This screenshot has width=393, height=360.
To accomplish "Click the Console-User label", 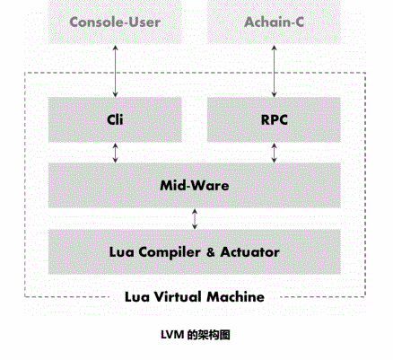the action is (x=115, y=22).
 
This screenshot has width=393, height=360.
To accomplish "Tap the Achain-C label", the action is (x=274, y=22).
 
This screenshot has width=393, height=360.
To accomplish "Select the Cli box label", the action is (x=115, y=119).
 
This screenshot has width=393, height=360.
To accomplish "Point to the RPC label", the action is (x=275, y=120).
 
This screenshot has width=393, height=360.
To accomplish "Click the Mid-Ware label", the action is (x=195, y=186).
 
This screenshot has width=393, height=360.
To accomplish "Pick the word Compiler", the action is (x=169, y=252).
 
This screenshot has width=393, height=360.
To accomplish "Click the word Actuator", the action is (x=249, y=252).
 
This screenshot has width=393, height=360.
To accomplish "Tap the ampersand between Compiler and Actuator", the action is (x=210, y=252).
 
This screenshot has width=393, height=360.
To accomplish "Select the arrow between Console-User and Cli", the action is (x=116, y=71).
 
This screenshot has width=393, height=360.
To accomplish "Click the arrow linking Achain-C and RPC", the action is (x=274, y=71).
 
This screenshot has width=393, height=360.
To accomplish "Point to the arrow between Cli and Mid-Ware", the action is (x=116, y=153).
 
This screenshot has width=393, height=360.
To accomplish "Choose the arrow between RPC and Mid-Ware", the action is (x=274, y=153).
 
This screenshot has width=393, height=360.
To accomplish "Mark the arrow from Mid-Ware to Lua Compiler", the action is (x=195, y=219).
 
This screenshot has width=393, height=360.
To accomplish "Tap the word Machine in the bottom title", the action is (x=236, y=297).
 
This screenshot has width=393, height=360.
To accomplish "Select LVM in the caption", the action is (x=172, y=335).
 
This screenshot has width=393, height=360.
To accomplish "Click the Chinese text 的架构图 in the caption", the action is (x=208, y=335).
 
